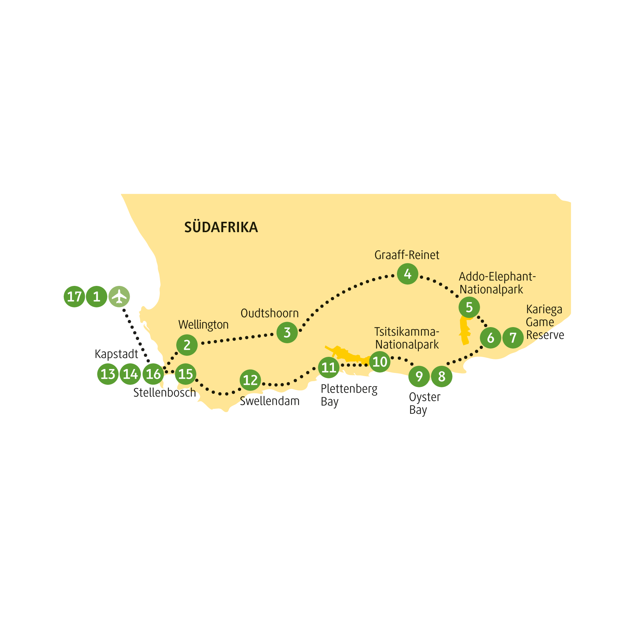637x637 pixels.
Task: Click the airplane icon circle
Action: [x=119, y=297]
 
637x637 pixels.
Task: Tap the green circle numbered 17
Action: [x=75, y=297]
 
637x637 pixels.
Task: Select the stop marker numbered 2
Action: [x=187, y=345]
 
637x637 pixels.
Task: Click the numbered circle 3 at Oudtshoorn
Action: [x=287, y=332]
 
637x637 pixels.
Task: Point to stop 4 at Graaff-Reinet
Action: [x=407, y=274]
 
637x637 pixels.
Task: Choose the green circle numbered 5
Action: [x=469, y=307]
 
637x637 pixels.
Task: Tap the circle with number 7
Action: [x=513, y=337]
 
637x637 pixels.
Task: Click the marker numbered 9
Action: [x=419, y=377]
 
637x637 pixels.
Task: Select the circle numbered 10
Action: [x=380, y=362]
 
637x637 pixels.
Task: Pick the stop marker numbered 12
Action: [x=250, y=380]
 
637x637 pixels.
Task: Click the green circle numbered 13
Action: [x=108, y=374]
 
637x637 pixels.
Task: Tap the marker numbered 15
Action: [x=186, y=374]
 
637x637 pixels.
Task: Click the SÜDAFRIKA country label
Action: [x=221, y=227]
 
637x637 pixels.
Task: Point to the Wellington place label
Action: [x=203, y=325]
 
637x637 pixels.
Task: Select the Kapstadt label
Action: [x=116, y=354]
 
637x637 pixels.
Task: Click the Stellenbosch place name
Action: [x=165, y=393]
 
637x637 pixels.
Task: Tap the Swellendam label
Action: [x=270, y=401]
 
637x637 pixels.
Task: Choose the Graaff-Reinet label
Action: [x=407, y=255]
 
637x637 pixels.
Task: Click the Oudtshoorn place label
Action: [x=270, y=313]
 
